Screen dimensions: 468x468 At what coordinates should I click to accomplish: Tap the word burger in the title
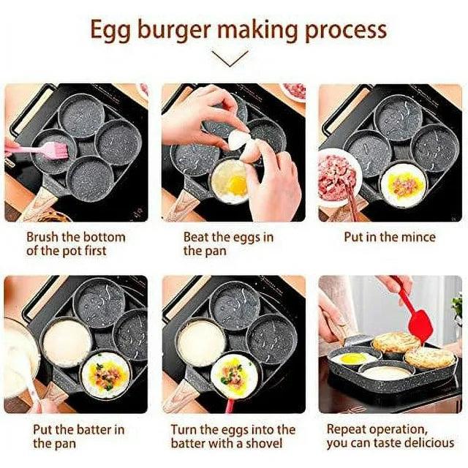click(174, 29)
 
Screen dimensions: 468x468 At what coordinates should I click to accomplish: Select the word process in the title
click(346, 31)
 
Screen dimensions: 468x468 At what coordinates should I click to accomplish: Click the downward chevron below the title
click(230, 58)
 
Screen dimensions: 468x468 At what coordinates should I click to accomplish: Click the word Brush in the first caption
click(42, 237)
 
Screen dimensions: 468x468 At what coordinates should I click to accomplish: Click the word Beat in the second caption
click(195, 237)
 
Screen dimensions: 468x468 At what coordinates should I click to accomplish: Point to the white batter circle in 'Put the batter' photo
click(67, 342)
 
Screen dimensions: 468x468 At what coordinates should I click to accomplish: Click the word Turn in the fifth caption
click(184, 430)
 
